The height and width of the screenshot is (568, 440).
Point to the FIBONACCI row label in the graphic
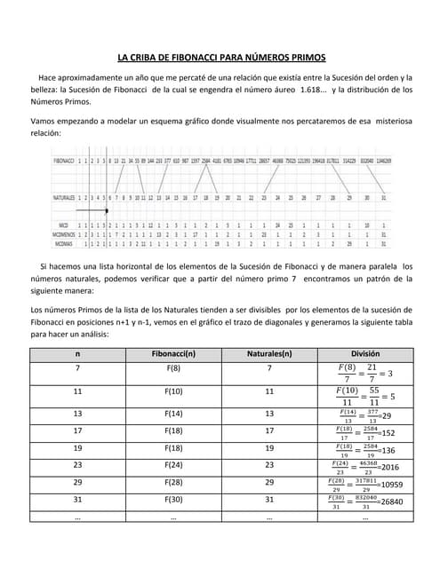click(63, 162)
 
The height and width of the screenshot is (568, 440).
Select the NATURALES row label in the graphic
click(63, 198)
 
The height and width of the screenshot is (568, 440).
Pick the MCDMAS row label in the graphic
click(64, 242)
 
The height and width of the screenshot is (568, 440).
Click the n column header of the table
click(78, 354)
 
